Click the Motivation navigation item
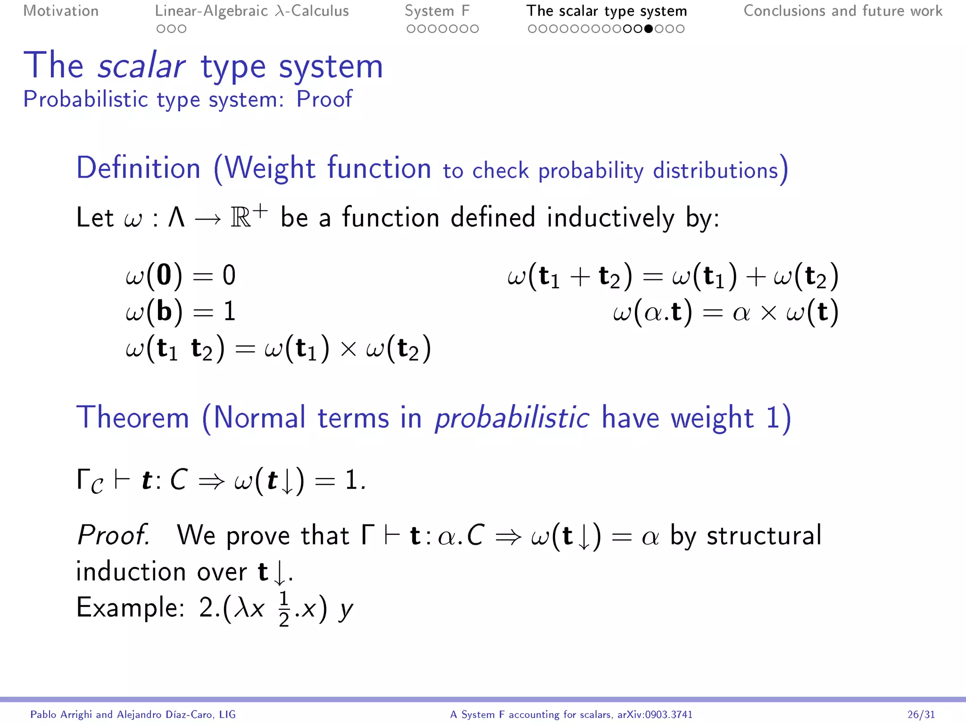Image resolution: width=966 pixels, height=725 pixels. [61, 11]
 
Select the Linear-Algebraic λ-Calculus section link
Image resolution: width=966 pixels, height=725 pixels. [251, 11]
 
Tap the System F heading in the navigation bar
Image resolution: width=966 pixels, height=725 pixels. [437, 11]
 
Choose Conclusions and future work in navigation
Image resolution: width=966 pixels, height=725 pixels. [842, 11]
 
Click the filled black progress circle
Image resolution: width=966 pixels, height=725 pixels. [649, 29]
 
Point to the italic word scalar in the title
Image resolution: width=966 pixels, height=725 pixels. [141, 66]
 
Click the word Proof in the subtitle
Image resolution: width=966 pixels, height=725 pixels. [324, 99]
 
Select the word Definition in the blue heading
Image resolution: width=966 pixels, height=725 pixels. [139, 169]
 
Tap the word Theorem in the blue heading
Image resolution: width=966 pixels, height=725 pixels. [133, 418]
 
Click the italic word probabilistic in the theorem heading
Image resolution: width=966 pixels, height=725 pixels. [511, 419]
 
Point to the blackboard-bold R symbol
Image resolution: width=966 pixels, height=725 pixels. [241, 218]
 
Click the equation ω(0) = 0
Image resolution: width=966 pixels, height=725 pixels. [181, 275]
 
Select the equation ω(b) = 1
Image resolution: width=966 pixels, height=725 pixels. [181, 312]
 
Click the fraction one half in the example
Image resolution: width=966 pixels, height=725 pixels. [283, 609]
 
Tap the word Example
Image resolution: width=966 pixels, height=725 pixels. [130, 608]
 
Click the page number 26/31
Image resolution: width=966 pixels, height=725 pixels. [921, 715]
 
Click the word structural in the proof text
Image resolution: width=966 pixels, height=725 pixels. [764, 536]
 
